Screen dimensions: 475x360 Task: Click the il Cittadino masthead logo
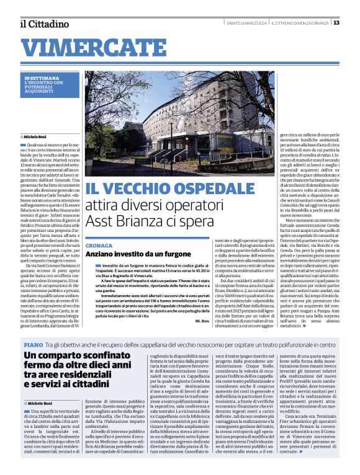pyautogui.click(x=44, y=24)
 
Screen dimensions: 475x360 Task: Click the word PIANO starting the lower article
pyautogui.click(x=32, y=344)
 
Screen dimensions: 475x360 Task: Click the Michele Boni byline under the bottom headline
pyautogui.click(x=38, y=404)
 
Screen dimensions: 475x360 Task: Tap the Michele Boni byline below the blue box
pyautogui.click(x=38, y=135)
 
